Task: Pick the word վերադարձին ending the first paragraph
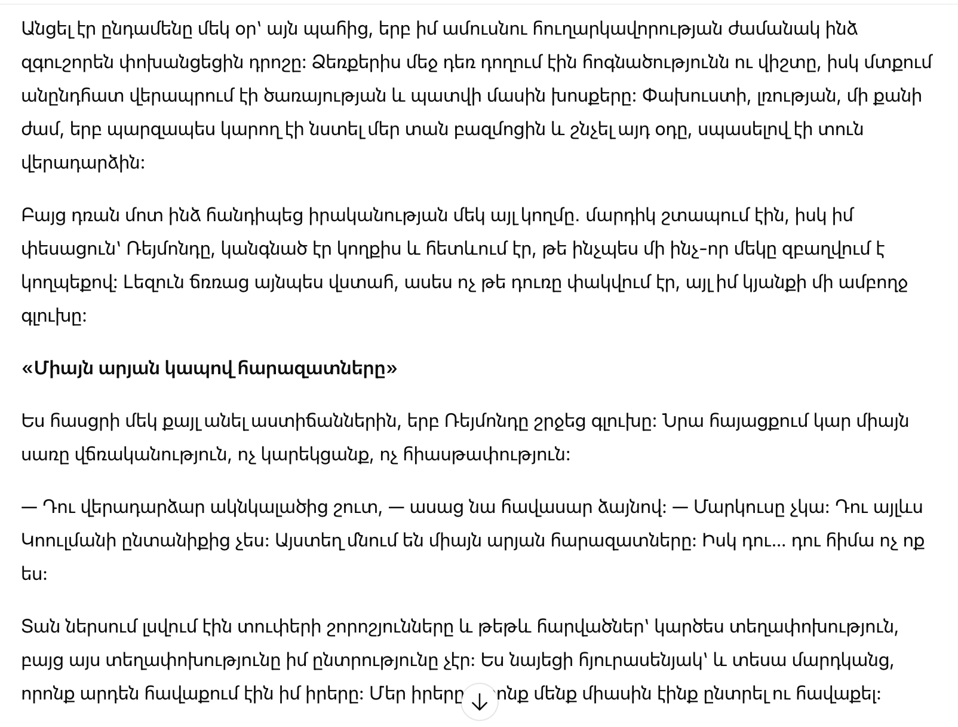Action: coord(82,163)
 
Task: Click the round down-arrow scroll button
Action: coord(480,702)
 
